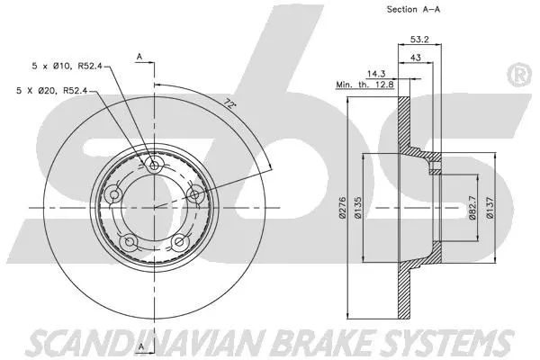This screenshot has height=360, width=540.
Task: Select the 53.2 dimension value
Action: pyautogui.click(x=419, y=40)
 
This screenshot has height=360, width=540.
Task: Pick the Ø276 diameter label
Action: pyautogui.click(x=343, y=208)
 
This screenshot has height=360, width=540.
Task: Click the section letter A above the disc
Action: pyautogui.click(x=139, y=57)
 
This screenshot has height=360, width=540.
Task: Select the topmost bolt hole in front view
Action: pyautogui.click(x=155, y=166)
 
